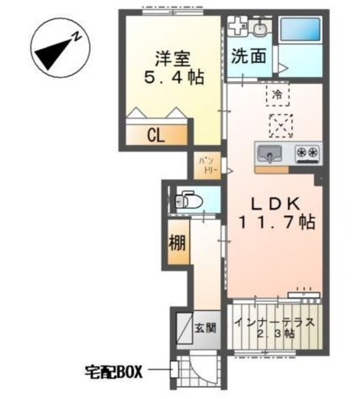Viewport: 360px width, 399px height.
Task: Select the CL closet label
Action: point(156,135)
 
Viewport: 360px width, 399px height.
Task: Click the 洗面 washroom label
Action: point(249,57)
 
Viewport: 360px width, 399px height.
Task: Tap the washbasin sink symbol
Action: point(260,27)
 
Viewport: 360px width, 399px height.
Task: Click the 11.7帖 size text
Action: point(275,222)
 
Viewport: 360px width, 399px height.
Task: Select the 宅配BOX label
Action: point(113,373)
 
